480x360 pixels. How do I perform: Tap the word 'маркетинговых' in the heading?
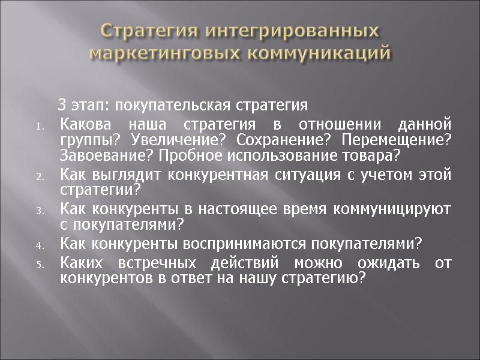(164, 52)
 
